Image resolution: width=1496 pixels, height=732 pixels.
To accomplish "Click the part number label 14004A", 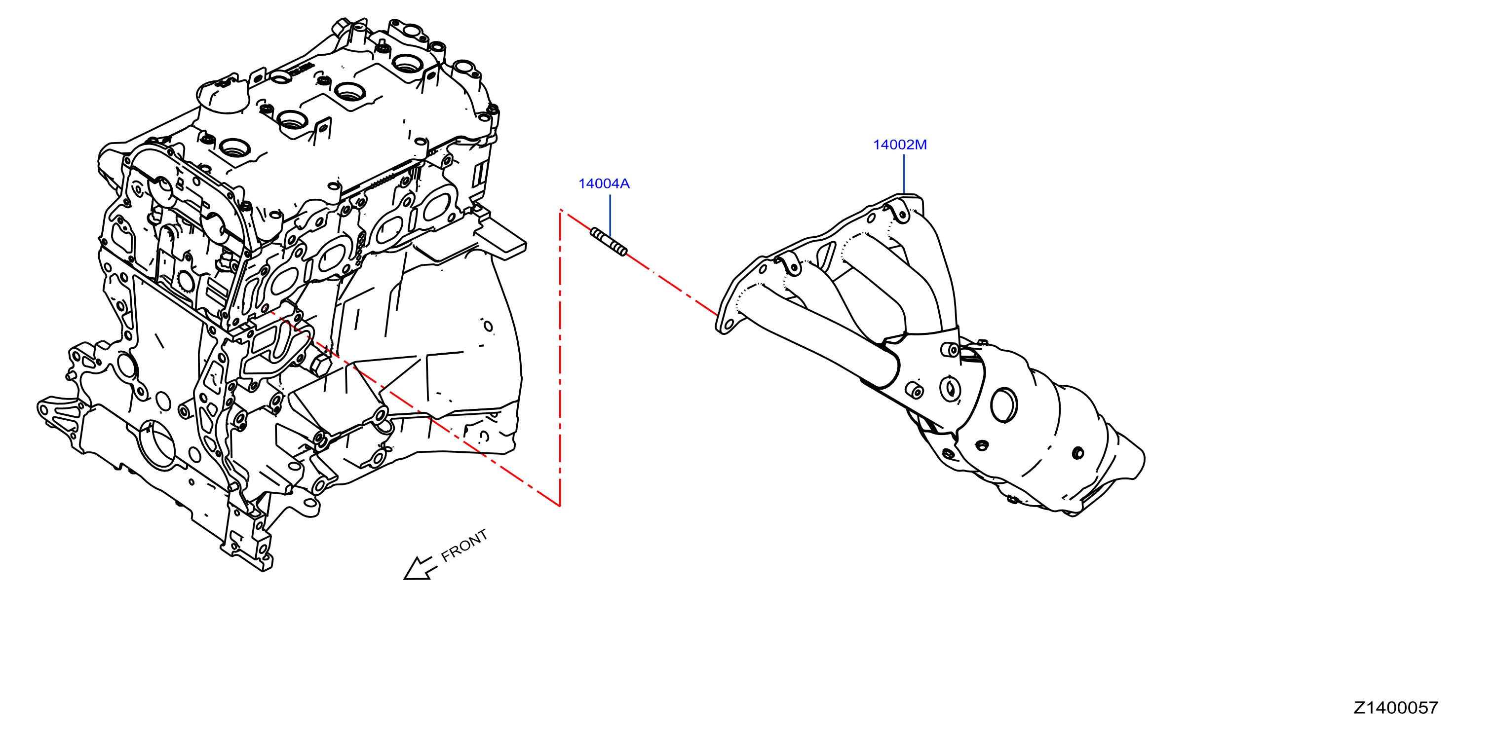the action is point(604,183).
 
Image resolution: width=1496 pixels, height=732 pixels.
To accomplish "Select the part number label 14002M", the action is point(900,145).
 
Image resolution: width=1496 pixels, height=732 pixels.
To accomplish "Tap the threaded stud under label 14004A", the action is point(608,242).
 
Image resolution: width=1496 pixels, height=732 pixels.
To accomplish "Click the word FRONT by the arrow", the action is point(464,545).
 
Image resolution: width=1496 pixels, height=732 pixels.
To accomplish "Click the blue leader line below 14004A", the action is point(610,215).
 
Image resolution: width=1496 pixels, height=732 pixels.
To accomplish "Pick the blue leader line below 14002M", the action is point(904,174).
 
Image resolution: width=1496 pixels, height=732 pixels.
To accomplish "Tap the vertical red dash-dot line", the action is point(560,358).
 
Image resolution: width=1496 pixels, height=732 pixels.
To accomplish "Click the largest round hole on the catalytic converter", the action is point(1003,404).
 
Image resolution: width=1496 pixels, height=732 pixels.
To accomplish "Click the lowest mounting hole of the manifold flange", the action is point(726,327).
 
